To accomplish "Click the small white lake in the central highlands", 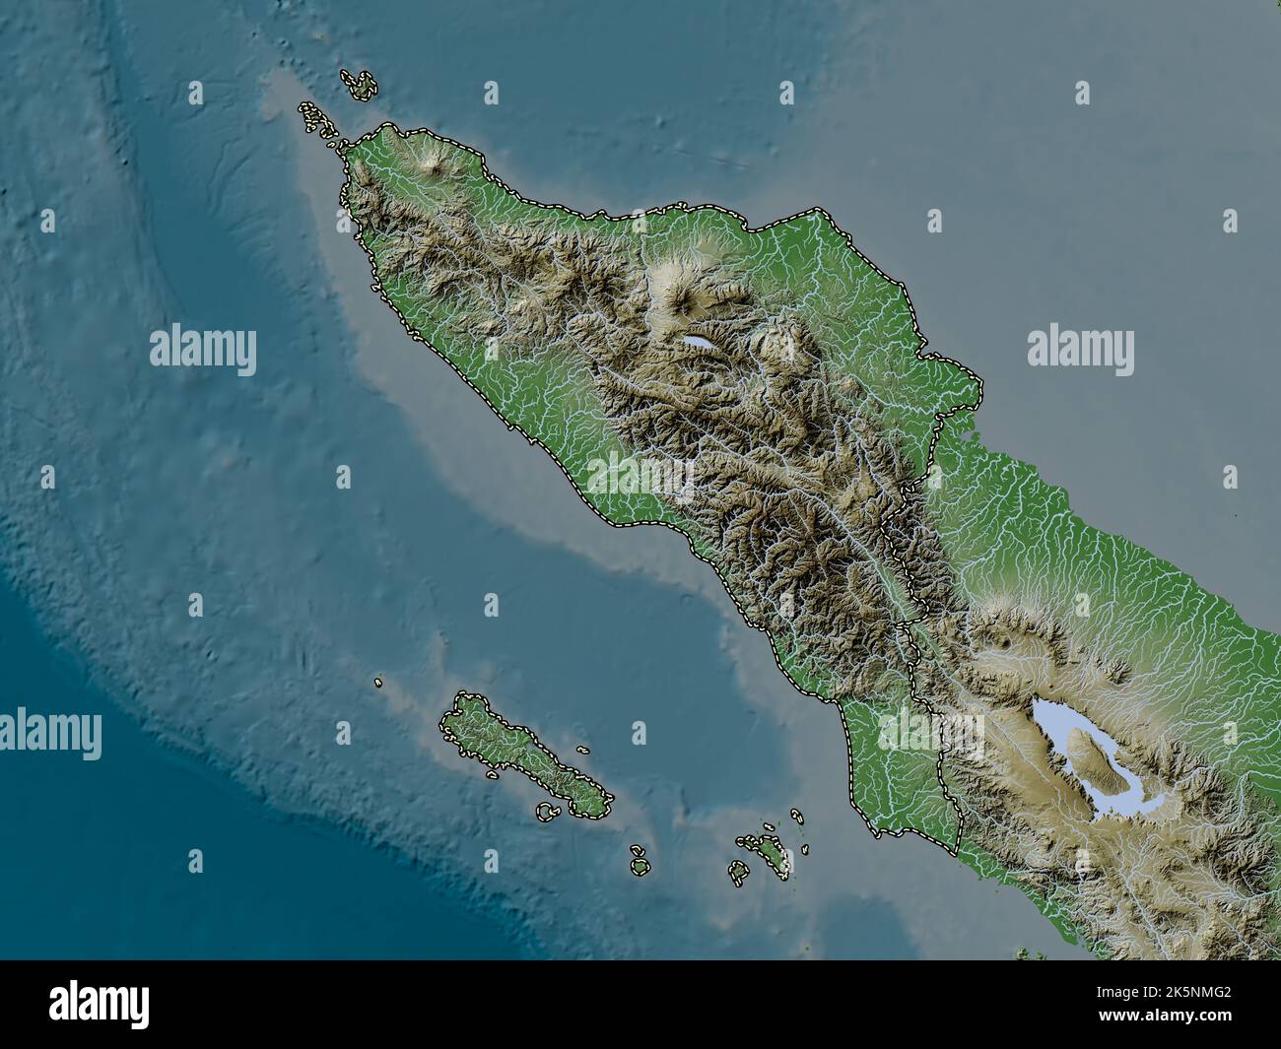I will [699, 343].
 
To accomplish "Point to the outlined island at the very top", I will [362, 85].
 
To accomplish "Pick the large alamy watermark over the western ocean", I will [203, 351].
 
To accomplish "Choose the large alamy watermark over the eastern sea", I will [1080, 351].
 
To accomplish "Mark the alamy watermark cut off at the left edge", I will [49, 734].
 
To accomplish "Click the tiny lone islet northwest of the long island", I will [378, 682].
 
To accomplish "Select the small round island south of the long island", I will [640, 867].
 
